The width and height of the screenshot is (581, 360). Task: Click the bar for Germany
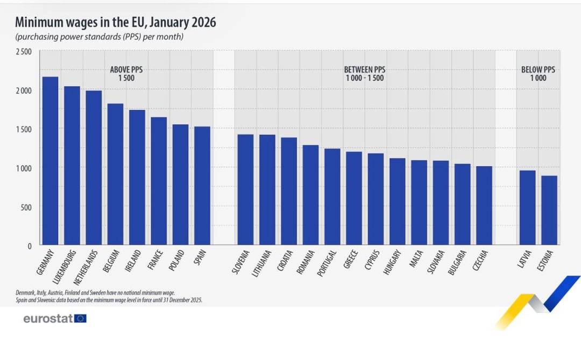pos(50,161)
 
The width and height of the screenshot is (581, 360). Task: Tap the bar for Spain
pos(202,186)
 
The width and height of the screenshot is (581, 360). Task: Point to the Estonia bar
pos(549,210)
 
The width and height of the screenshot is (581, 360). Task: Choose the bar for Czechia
pos(484,206)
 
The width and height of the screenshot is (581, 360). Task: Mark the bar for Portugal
pos(332,197)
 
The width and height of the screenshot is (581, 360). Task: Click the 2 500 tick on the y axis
pos(24,52)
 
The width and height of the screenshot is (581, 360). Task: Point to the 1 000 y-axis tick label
pos(24,168)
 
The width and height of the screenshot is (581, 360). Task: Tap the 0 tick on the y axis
pos(30,246)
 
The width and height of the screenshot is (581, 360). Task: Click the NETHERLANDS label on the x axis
pos(85,267)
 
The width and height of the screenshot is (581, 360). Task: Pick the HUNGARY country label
pos(392,263)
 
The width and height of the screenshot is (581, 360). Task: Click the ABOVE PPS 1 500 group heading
pos(126,74)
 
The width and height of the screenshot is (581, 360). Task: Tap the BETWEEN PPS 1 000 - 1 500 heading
pos(365,74)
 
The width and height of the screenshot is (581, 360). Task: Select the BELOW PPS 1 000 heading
pos(538,74)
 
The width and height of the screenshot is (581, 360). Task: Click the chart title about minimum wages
pos(116,23)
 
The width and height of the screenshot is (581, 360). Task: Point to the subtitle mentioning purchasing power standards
pos(100,37)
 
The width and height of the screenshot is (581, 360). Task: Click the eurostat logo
pos(54,319)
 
